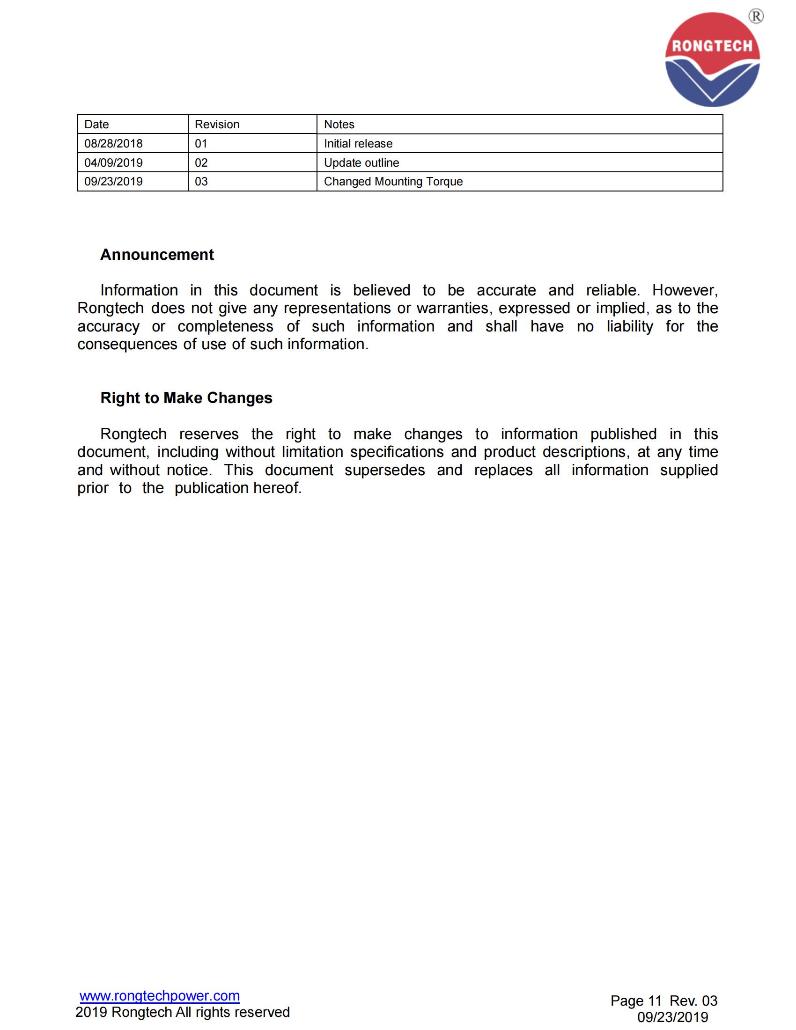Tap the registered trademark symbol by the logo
pyautogui.click(x=756, y=16)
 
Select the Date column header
pyautogui.click(x=96, y=125)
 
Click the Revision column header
pyautogui.click(x=217, y=125)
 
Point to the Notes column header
pyautogui.click(x=339, y=125)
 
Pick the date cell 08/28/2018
pyautogui.click(x=113, y=143)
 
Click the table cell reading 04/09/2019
pyautogui.click(x=113, y=163)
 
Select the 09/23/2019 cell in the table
pyautogui.click(x=113, y=182)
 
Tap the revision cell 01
pyautogui.click(x=201, y=143)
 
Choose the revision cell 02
pyautogui.click(x=201, y=163)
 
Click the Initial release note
pyautogui.click(x=358, y=143)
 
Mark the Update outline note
pyautogui.click(x=361, y=163)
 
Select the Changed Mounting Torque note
pyautogui.click(x=393, y=182)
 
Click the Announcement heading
pyautogui.click(x=157, y=255)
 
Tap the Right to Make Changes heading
pyautogui.click(x=186, y=398)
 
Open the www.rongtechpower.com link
pyautogui.click(x=159, y=995)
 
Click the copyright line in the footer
pyautogui.click(x=183, y=1012)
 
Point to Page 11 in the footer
pyautogui.click(x=636, y=1001)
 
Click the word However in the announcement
pyautogui.click(x=685, y=291)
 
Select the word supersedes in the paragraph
pyautogui.click(x=384, y=470)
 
